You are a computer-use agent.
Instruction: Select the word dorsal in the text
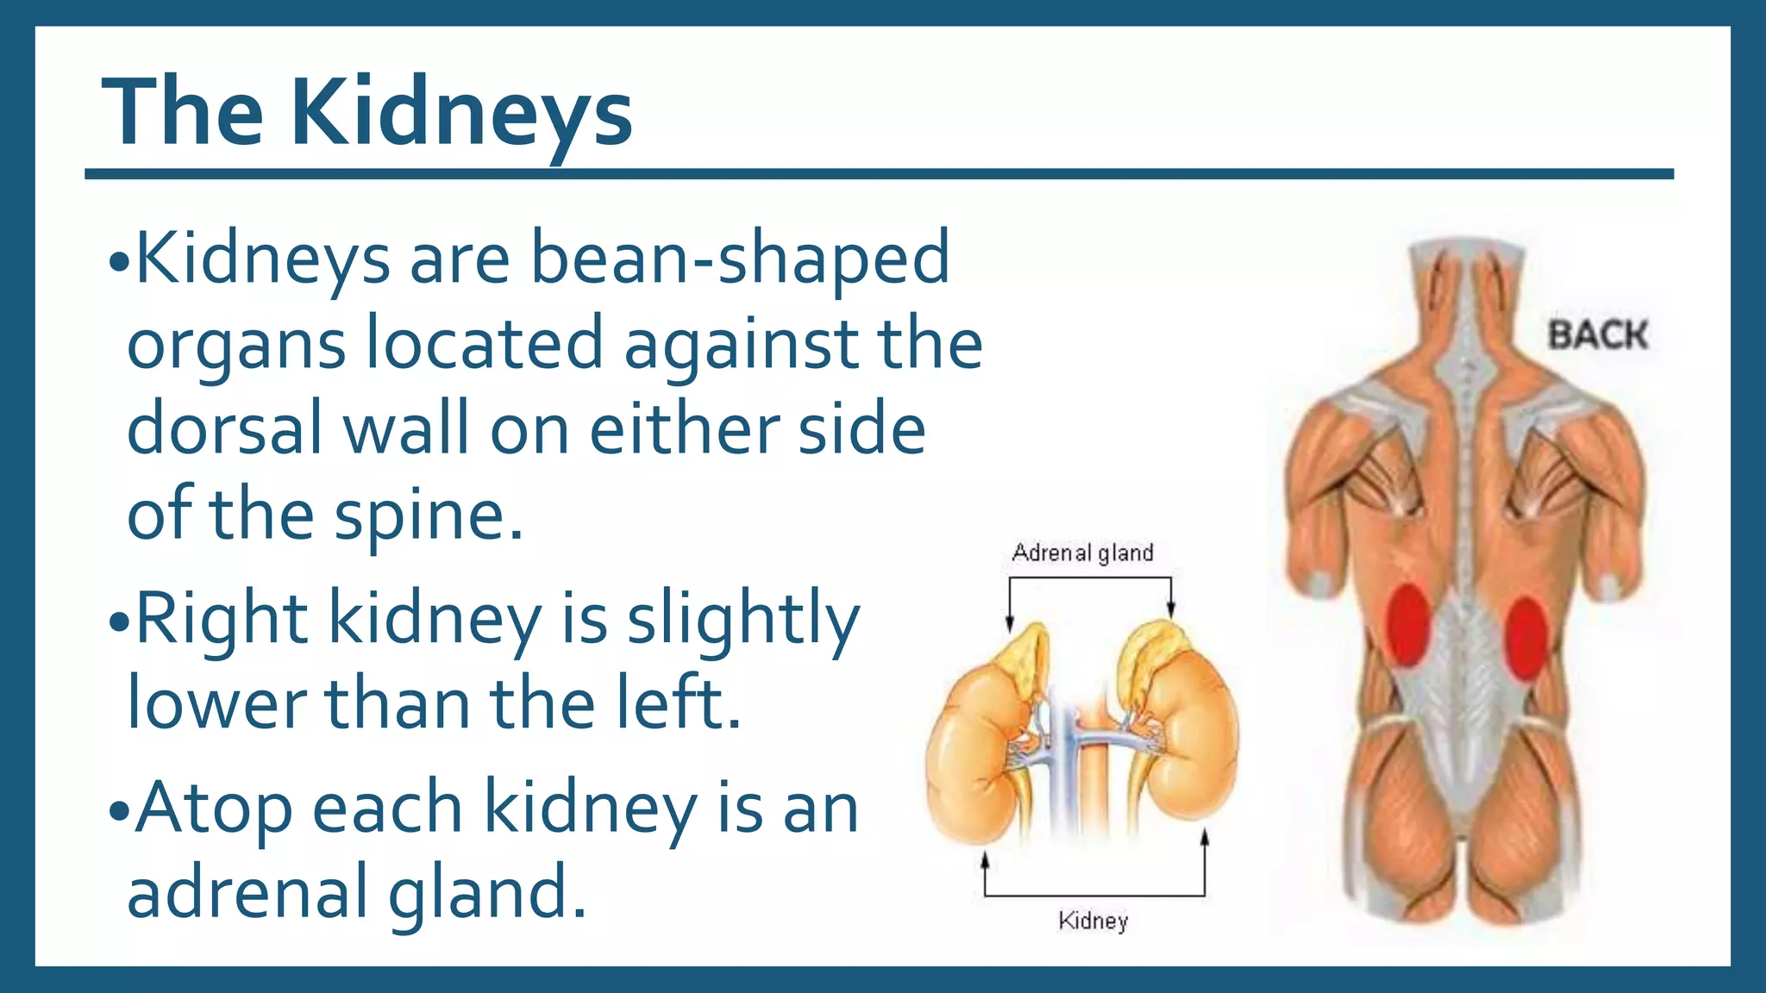click(224, 428)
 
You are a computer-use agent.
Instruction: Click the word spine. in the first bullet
click(429, 515)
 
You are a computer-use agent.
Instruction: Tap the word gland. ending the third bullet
click(487, 893)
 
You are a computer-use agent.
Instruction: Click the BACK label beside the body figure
click(1597, 334)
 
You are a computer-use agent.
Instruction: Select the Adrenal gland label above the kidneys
click(1082, 553)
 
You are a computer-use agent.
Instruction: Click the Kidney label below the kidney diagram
click(1093, 921)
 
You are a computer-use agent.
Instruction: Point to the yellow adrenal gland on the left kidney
click(1026, 655)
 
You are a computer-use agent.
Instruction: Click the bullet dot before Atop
click(118, 811)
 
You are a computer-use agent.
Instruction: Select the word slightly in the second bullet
click(742, 619)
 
